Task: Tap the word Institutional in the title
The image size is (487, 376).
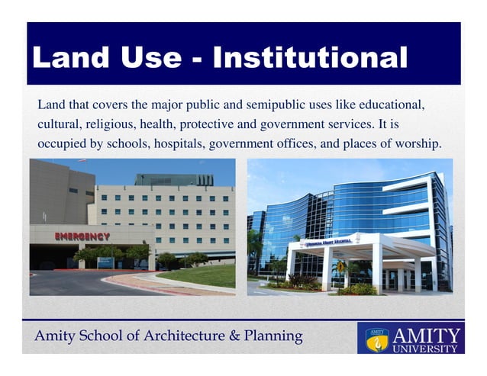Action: click(x=310, y=57)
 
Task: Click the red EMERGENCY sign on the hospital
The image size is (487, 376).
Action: click(x=82, y=236)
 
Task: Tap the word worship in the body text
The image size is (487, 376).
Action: click(x=418, y=143)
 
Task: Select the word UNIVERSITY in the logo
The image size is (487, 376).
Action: click(x=425, y=349)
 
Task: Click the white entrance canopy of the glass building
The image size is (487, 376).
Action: click(x=359, y=248)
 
